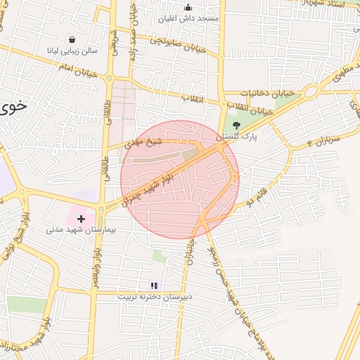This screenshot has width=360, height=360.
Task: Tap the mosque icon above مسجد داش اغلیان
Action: (x=188, y=8)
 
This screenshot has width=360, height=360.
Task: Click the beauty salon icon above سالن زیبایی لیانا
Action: (x=73, y=40)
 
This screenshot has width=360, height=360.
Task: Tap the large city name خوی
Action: (x=14, y=106)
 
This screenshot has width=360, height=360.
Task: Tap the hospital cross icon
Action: (x=81, y=219)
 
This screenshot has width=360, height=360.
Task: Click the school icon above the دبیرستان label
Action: (x=153, y=285)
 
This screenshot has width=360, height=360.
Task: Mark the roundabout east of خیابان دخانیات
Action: (x=309, y=91)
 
